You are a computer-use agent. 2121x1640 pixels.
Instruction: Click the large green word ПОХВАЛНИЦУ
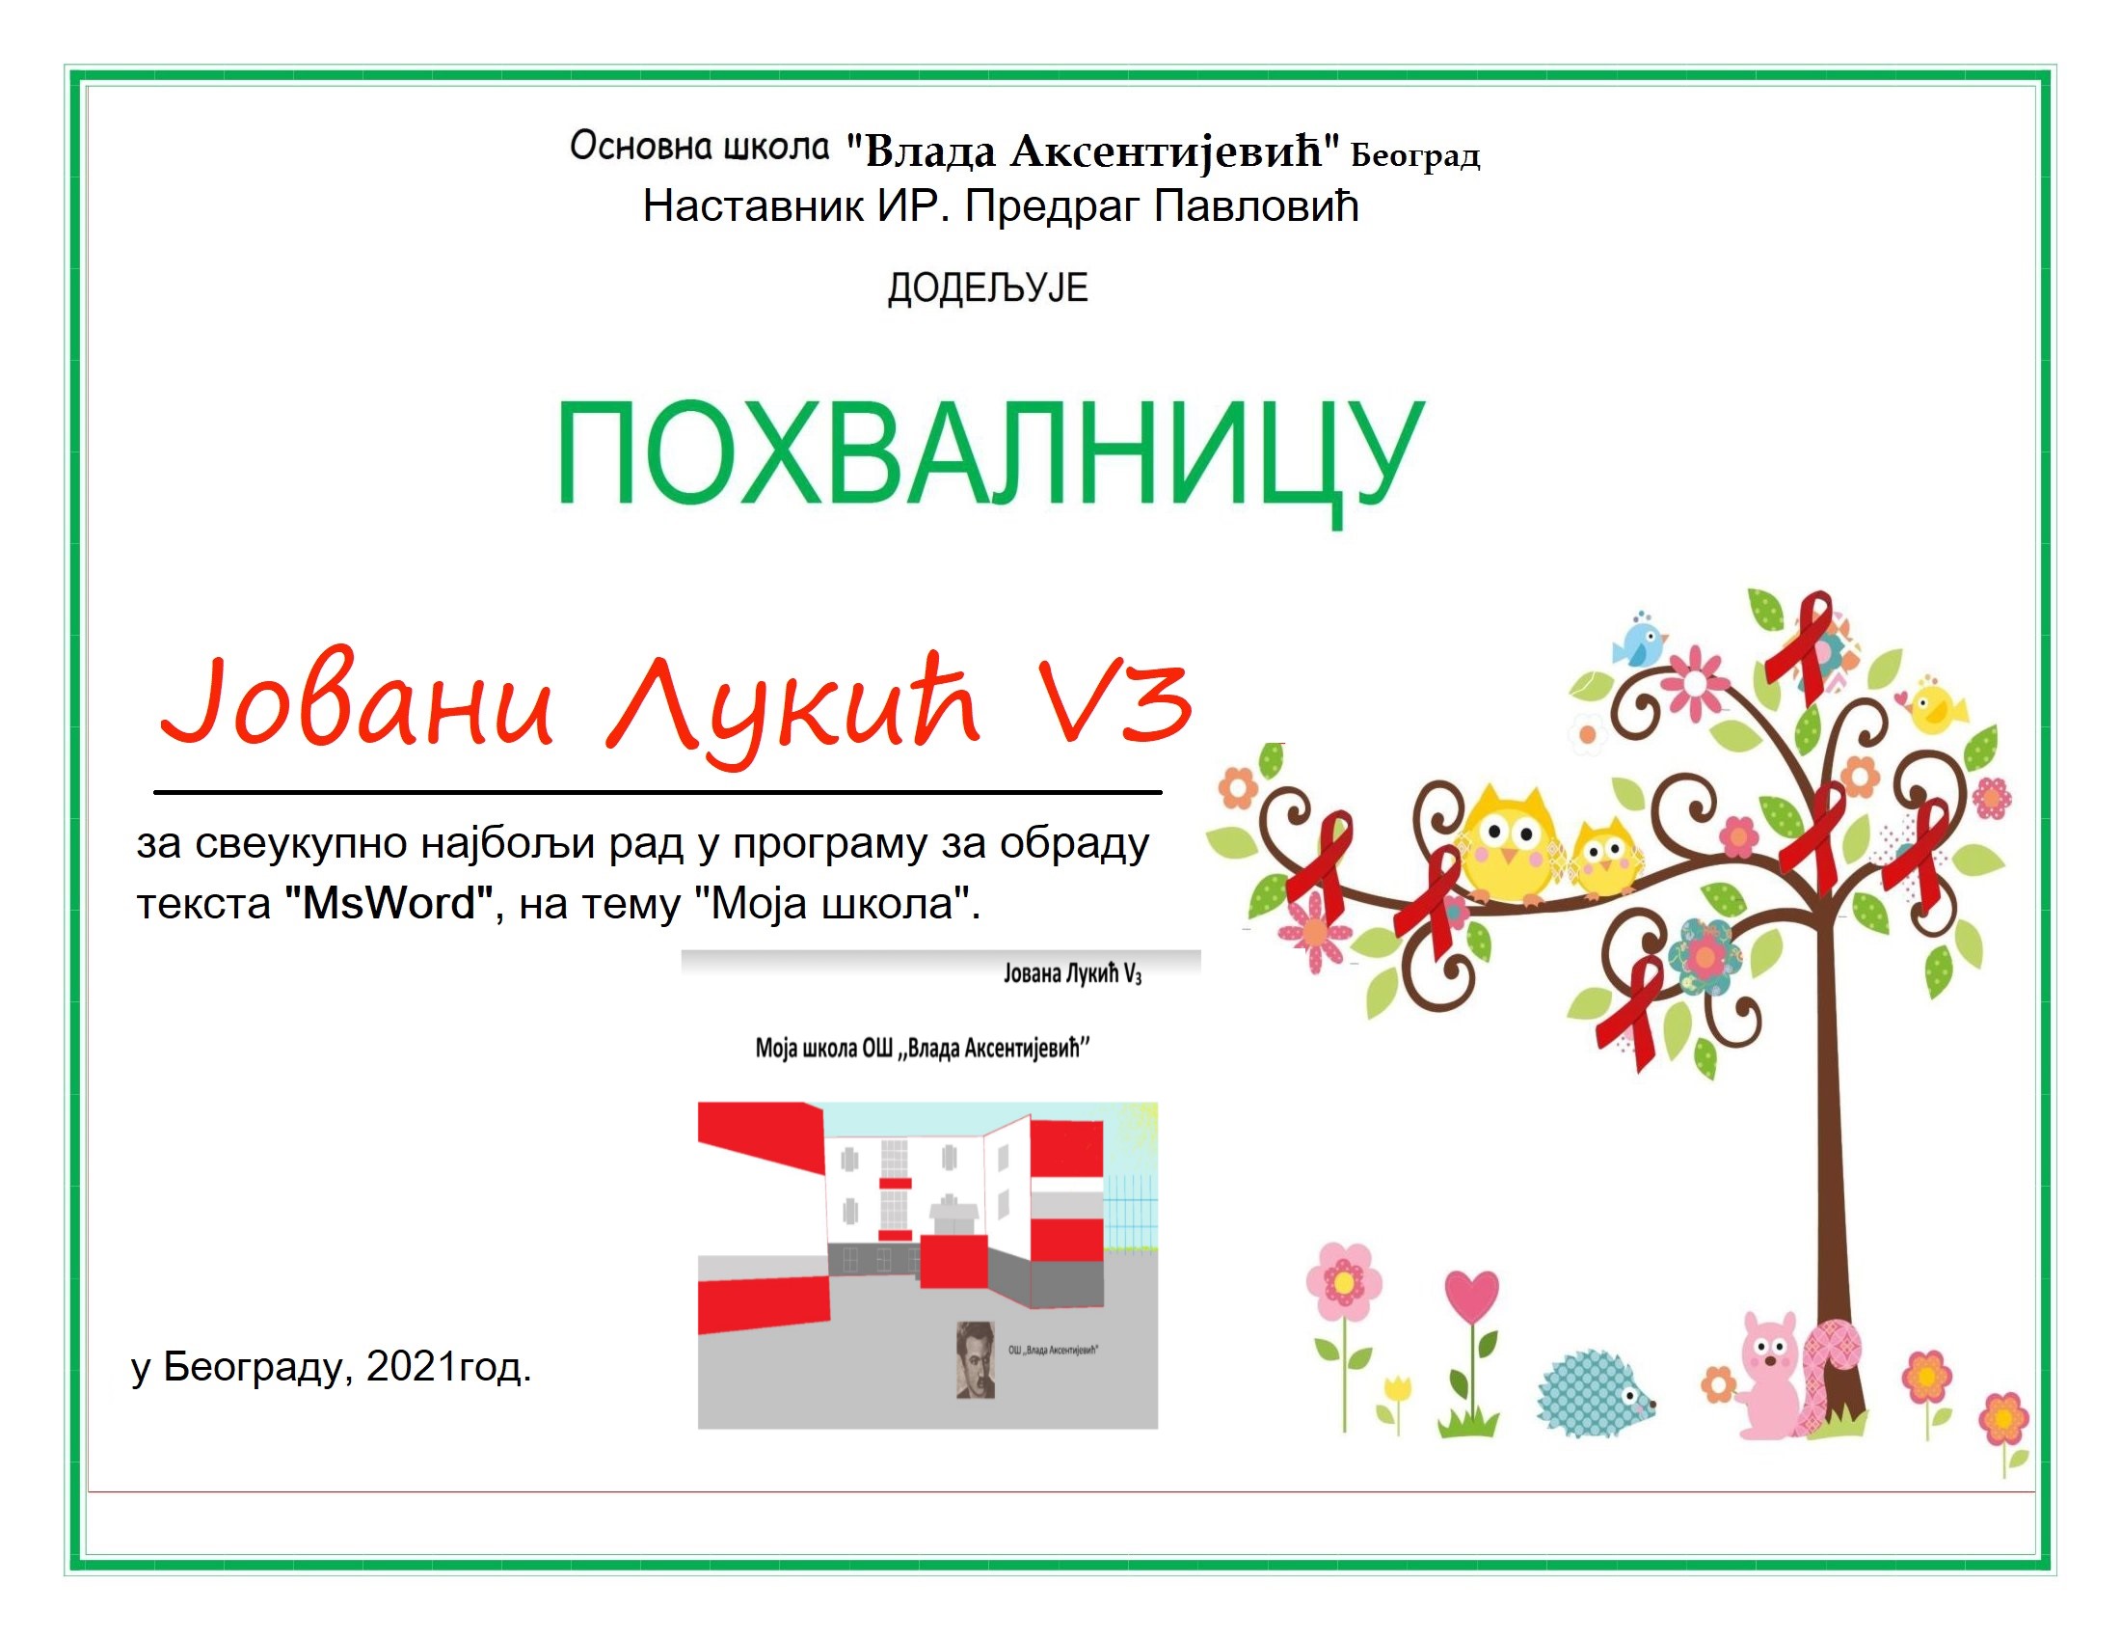click(990, 456)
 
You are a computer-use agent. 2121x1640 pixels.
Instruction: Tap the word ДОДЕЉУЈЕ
click(987, 288)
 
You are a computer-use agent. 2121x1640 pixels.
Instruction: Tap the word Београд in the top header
click(1415, 155)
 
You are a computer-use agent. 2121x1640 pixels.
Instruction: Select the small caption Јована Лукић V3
click(1072, 973)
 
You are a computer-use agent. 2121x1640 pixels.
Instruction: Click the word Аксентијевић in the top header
click(1166, 150)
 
